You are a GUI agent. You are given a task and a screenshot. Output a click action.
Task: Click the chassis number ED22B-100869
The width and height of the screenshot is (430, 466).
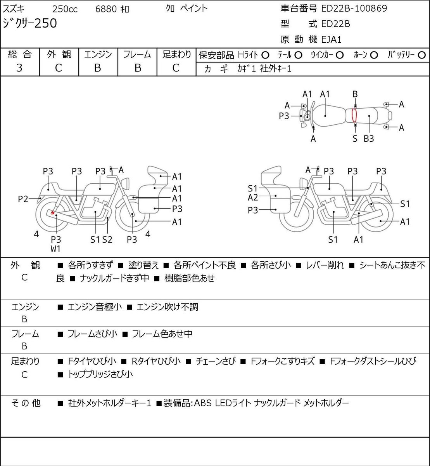coord(354,9)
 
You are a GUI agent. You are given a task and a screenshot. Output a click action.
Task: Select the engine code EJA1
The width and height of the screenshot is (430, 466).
coord(332,40)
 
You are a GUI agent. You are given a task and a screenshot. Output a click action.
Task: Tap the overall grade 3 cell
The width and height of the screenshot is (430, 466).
coord(19,68)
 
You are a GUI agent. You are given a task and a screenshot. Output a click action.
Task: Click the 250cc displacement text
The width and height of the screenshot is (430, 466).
coord(65,9)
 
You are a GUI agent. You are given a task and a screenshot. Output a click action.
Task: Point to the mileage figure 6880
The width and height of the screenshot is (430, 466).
coord(106,9)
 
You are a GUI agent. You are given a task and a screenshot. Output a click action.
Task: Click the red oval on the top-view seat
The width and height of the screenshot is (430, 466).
coord(354,115)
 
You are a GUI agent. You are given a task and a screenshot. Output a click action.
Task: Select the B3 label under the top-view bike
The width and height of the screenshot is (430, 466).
coord(369,139)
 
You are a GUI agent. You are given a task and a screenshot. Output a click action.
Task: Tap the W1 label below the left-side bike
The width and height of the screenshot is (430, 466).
coord(55,249)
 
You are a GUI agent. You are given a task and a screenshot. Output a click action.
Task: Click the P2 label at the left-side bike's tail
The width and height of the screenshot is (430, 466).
coord(23,199)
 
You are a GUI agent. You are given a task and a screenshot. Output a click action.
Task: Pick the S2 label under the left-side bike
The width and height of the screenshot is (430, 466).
coord(107,240)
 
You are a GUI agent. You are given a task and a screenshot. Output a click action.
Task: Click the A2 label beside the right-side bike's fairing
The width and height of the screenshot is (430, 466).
coord(253,198)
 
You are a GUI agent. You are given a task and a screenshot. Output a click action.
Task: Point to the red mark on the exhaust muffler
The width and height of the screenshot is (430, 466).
coord(53,213)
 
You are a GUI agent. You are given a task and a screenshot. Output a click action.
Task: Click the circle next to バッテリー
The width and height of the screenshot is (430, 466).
coord(421,55)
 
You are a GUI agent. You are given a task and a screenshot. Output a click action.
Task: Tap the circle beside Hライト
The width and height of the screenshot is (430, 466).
coord(265,55)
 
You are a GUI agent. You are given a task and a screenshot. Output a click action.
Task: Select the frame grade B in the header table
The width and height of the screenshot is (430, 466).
coord(138,68)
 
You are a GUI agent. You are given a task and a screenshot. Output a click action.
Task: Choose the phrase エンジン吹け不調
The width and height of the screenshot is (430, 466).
coord(168,307)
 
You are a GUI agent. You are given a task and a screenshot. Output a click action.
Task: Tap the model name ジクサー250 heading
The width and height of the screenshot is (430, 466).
coord(30,23)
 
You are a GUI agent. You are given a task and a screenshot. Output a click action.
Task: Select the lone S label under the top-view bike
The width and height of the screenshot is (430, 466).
coord(355,139)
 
